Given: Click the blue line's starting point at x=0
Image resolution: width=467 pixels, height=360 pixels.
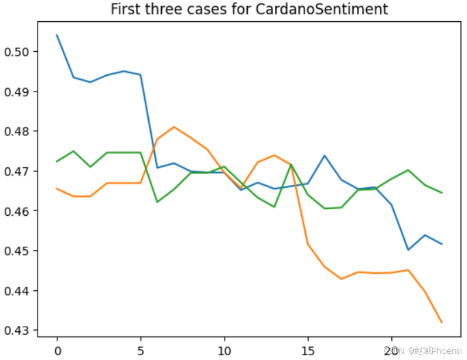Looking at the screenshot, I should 57,35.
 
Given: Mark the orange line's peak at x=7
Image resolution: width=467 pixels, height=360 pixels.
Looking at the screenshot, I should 174,127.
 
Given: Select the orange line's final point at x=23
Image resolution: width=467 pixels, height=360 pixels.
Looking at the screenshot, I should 442,322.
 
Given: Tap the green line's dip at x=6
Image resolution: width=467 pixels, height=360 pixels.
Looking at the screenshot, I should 158,202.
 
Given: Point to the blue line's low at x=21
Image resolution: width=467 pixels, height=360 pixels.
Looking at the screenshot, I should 408,250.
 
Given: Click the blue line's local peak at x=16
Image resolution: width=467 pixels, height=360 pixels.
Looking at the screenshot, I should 325,156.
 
